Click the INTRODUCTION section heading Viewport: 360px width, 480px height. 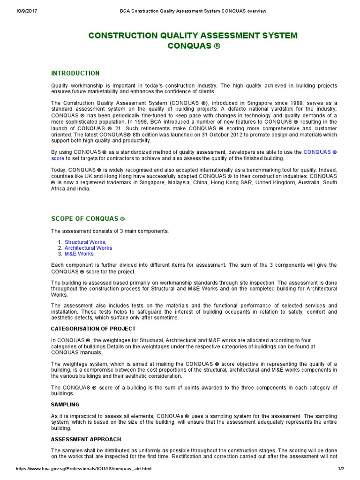tap(75, 73)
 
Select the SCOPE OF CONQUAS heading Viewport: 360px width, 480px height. tap(88, 219)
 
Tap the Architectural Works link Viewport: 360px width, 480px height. tap(88, 248)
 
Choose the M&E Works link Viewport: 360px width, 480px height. tap(79, 254)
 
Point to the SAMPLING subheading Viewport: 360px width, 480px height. tap(65, 404)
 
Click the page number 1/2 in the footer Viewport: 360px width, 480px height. tap(340, 469)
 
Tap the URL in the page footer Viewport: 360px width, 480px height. tap(84, 469)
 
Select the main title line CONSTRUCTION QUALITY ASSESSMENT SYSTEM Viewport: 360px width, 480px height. tap(193, 36)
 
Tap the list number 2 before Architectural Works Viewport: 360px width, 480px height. tap(60, 248)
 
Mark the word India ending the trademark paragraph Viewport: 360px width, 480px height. tap(85, 189)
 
